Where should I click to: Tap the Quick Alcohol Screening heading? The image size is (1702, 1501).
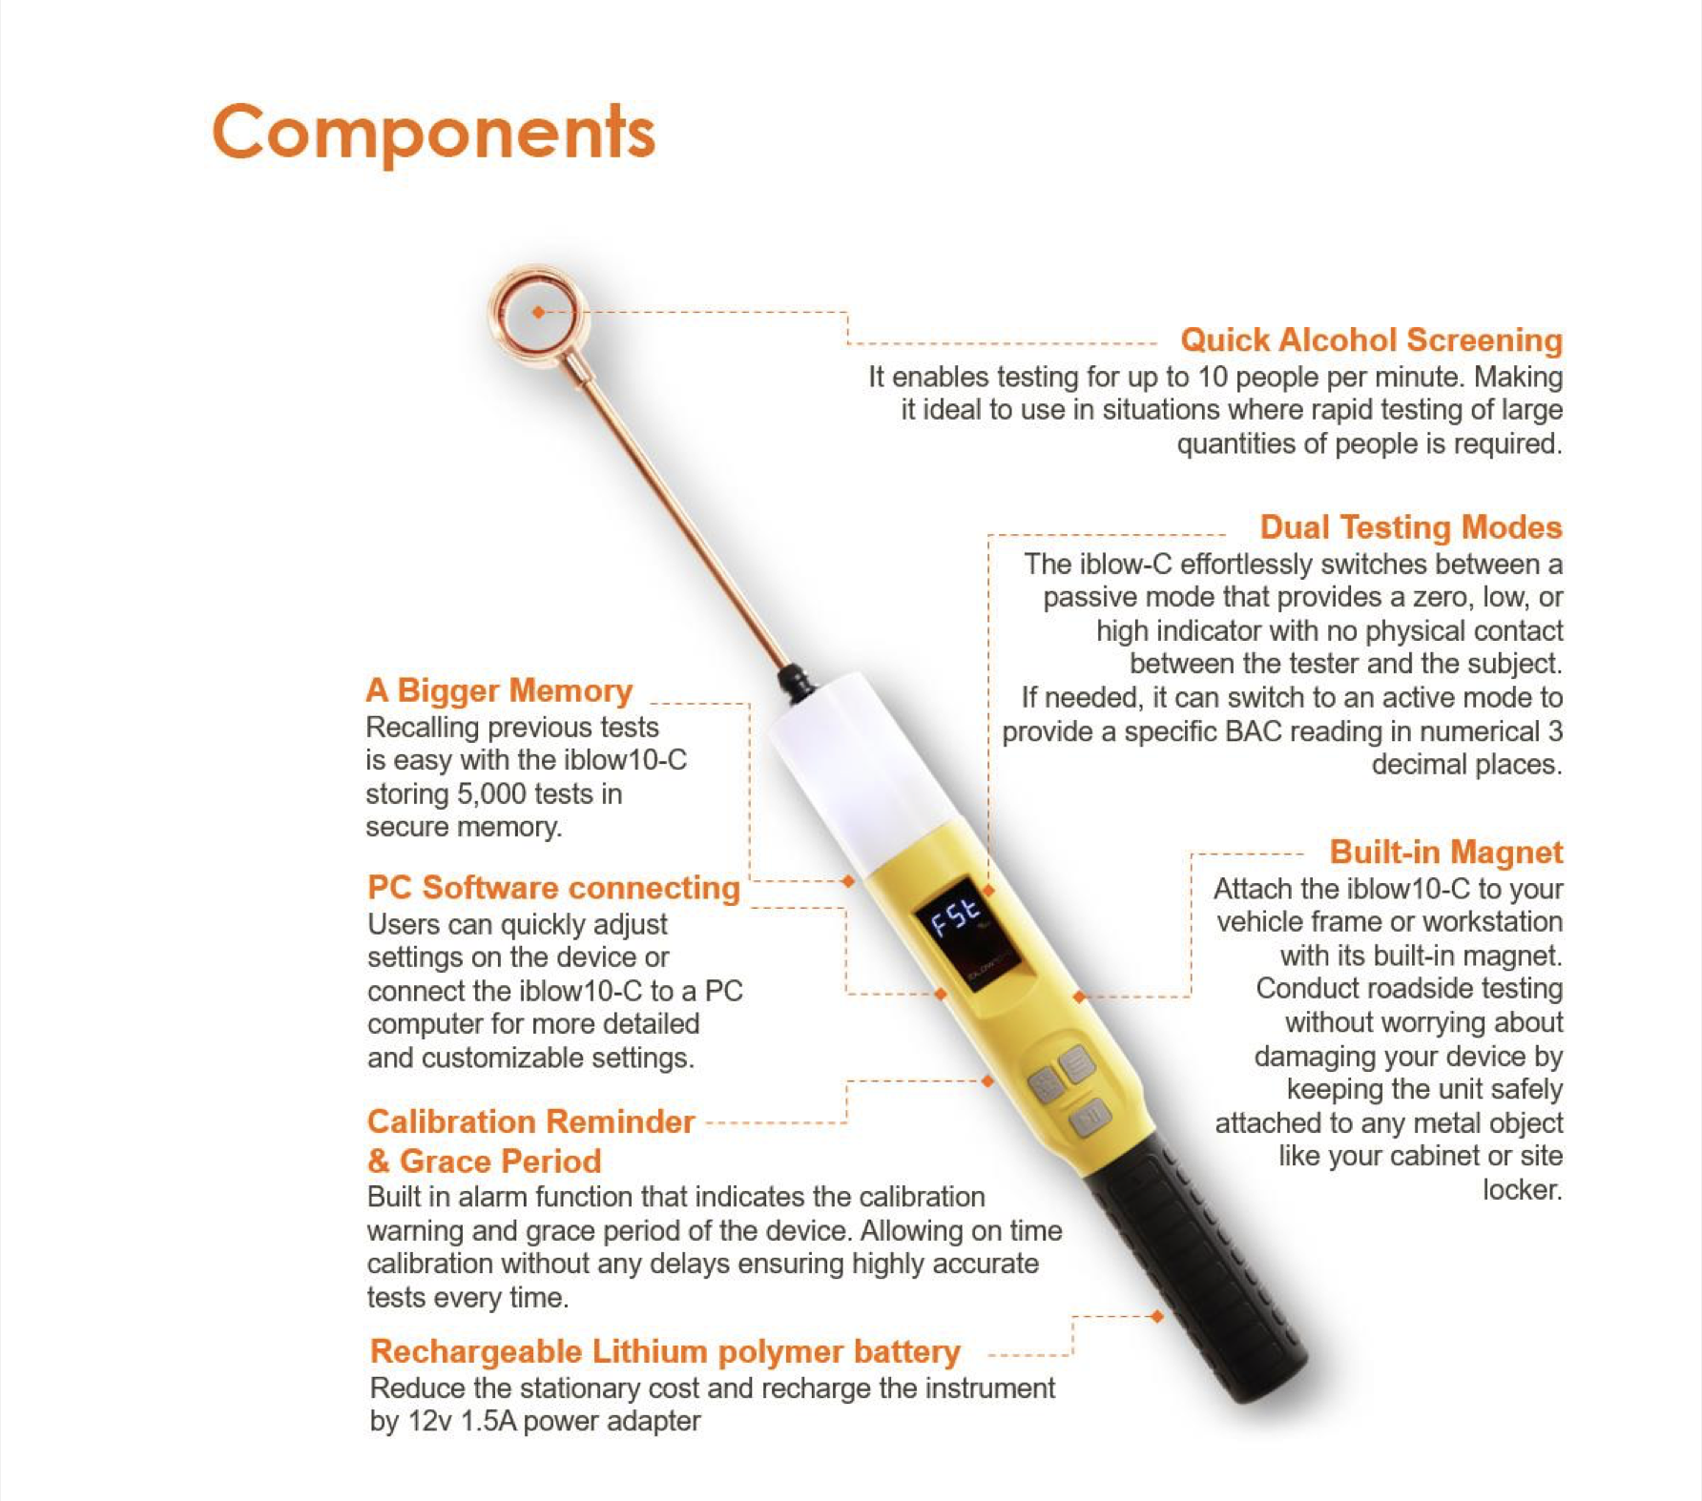(1371, 339)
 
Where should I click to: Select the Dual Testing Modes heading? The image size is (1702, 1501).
(1411, 527)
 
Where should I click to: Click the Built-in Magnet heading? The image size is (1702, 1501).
(1446, 852)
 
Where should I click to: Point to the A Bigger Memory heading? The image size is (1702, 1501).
(499, 689)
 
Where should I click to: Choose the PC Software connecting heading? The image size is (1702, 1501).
(553, 887)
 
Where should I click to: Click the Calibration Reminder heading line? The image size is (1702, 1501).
(531, 1121)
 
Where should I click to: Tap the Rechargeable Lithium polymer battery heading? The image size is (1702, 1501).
(665, 1351)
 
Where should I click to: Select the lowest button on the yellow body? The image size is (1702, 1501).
(1089, 1117)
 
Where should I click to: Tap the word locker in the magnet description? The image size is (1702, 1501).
(1523, 1189)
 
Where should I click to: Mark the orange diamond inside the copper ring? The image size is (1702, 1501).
(539, 312)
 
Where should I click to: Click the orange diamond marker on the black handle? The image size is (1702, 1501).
(1157, 1316)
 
